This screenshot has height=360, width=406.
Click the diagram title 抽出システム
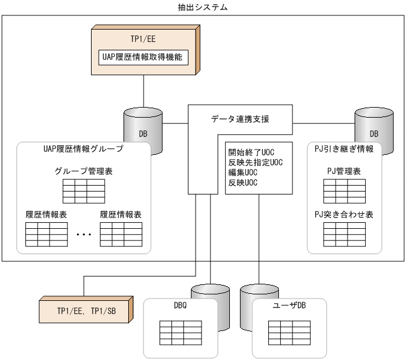coord(203,7)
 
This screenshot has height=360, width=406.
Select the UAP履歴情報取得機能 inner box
coord(144,58)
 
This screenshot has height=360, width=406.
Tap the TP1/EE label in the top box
coord(144,40)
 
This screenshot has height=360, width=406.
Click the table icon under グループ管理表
coord(83,191)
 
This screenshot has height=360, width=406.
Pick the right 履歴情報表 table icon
coord(121,234)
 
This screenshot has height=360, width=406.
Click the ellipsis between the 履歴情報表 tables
coord(84,235)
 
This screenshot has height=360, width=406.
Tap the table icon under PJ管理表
coord(344,190)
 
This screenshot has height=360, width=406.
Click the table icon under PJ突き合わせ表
coord(344,234)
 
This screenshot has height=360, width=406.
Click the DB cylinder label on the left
coord(143,134)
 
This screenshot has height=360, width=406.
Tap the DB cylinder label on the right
coord(373,134)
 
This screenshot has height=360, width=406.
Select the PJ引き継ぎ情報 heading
coord(344,149)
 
